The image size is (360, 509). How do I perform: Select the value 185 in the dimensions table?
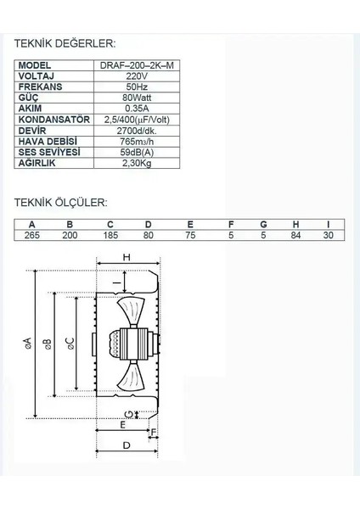pyautogui.click(x=110, y=235)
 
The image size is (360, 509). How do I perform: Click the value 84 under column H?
pyautogui.click(x=296, y=235)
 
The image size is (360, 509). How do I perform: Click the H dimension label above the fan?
pyautogui.click(x=125, y=257)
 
